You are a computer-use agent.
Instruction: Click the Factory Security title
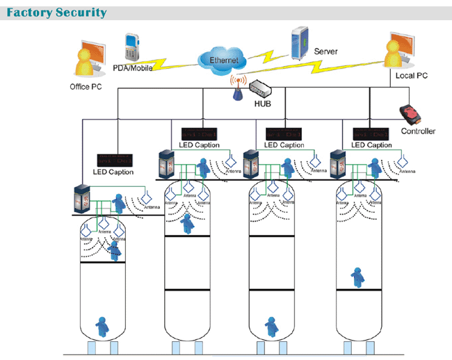57,13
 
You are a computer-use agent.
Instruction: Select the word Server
326,52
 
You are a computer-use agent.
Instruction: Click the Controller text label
418,131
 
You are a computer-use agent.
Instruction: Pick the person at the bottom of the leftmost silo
101,324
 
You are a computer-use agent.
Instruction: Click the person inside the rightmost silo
357,277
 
